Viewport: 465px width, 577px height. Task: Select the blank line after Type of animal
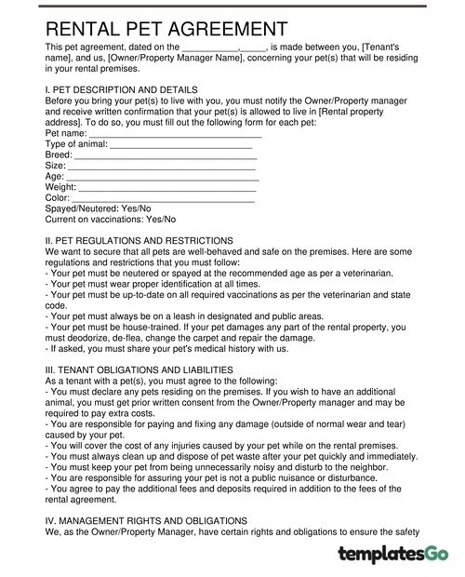pos(181,146)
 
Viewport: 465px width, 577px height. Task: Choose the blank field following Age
pos(163,177)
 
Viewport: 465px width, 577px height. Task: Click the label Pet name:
pos(66,136)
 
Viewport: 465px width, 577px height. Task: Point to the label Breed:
pos(59,156)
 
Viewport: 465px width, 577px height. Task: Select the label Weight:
pos(62,187)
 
